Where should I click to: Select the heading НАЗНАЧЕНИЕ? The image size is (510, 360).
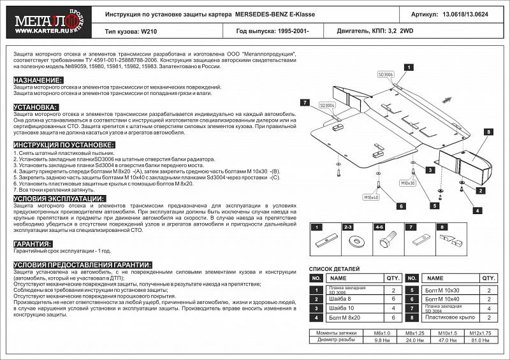click(x=38, y=80)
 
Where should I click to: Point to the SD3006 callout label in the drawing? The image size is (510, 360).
click(x=386, y=75)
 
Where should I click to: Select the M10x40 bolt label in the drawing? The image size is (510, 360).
click(x=372, y=198)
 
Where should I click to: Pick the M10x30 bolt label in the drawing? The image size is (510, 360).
click(x=407, y=183)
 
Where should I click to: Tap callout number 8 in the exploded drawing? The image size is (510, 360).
click(x=488, y=132)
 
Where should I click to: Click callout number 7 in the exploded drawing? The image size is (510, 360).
click(x=305, y=103)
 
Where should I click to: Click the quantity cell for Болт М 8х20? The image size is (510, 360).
click(x=393, y=317)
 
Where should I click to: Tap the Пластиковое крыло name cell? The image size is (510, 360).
click(x=450, y=317)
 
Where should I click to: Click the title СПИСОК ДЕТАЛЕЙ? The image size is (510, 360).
click(x=335, y=270)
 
